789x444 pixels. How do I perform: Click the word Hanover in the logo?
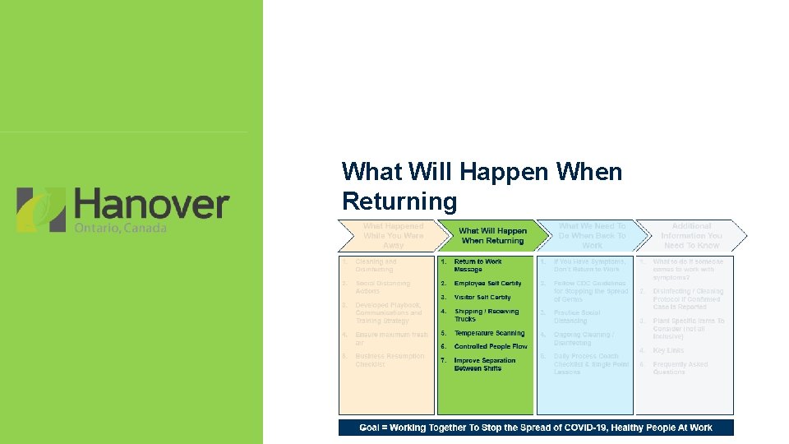click(x=151, y=204)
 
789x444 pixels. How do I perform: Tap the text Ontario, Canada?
click(x=121, y=228)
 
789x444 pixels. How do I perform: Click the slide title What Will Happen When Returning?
click(x=482, y=186)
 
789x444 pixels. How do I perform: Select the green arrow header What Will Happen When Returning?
click(x=492, y=236)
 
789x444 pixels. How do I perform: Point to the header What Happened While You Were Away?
click(x=393, y=235)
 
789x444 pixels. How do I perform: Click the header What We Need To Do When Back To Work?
click(x=592, y=235)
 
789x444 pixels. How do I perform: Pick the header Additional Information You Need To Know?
click(x=690, y=235)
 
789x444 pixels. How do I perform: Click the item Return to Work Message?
click(x=478, y=266)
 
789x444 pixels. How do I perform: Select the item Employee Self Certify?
click(x=487, y=284)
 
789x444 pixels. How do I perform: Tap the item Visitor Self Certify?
click(x=482, y=298)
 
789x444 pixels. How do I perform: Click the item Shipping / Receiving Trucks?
click(x=487, y=315)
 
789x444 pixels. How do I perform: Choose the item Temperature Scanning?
click(x=489, y=333)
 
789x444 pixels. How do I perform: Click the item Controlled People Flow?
click(x=491, y=347)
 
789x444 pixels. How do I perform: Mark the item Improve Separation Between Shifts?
click(x=484, y=364)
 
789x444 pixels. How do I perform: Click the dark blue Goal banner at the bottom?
click(x=536, y=428)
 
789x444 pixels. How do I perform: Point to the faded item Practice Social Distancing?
click(x=577, y=317)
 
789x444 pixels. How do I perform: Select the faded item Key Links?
click(x=668, y=350)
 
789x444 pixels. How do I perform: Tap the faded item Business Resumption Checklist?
click(x=390, y=360)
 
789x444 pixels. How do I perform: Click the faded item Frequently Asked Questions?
click(x=681, y=368)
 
